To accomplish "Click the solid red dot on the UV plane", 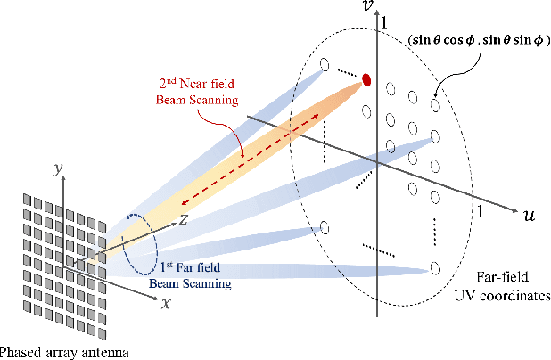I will click(x=366, y=83).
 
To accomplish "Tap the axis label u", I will click(x=528, y=217).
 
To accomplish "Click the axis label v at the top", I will click(x=366, y=7).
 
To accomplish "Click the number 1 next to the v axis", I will click(x=384, y=20).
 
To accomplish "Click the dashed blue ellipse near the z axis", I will click(x=142, y=241).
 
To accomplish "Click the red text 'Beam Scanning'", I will click(x=201, y=100).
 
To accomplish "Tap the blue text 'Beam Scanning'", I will click(x=192, y=284).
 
